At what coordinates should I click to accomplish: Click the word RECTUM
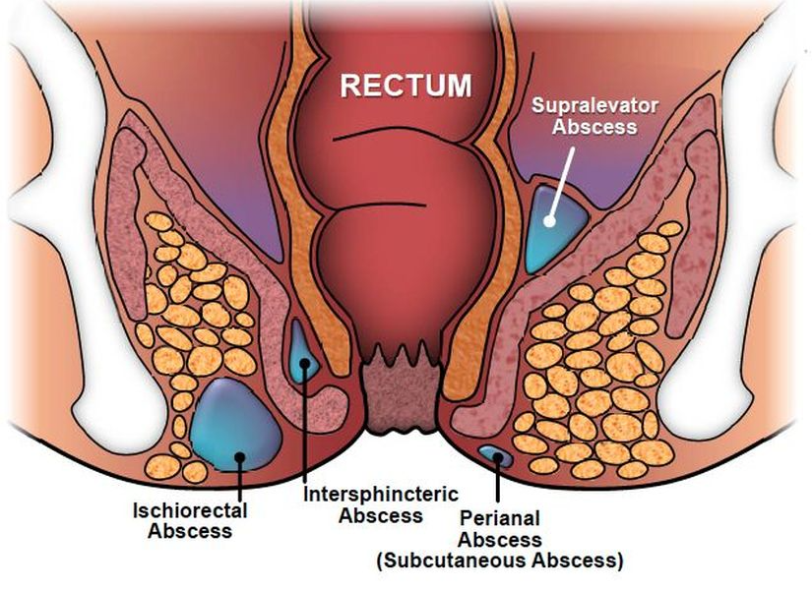[406, 86]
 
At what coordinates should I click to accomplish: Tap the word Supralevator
[595, 105]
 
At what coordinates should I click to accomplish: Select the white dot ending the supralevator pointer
[549, 221]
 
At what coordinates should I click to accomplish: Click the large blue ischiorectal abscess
[235, 425]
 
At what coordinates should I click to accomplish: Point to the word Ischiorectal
[190, 510]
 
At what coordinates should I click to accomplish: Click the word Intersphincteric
[381, 495]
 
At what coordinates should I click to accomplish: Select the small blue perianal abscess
[496, 456]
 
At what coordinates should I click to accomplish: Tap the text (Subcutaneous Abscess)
[500, 560]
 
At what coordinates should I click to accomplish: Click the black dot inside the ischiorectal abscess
[239, 456]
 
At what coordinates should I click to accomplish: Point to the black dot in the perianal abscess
[498, 456]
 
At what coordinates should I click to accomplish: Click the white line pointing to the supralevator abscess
[561, 184]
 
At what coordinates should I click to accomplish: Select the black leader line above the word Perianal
[498, 479]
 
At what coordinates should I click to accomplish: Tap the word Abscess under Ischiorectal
[190, 532]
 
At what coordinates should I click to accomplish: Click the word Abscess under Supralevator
[594, 127]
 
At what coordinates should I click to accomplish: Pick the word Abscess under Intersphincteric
[381, 516]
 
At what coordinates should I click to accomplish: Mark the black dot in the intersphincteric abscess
[304, 363]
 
